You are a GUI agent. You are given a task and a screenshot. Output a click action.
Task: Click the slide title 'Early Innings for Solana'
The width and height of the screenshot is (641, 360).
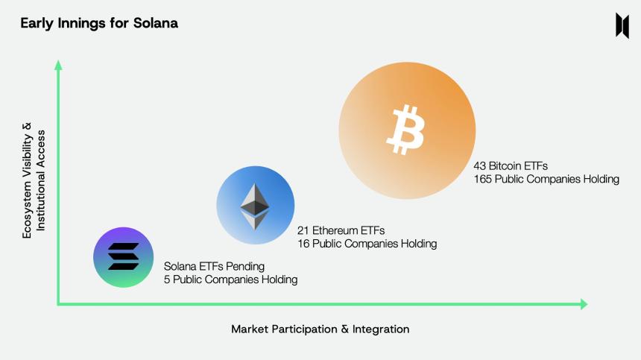(99, 23)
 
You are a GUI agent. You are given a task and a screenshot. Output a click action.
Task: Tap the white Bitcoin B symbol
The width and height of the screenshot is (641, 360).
(405, 130)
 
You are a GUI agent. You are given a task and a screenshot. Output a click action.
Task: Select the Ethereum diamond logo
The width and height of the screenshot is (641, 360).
(255, 206)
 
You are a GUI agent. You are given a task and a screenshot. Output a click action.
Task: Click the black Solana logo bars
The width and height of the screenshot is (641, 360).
(123, 257)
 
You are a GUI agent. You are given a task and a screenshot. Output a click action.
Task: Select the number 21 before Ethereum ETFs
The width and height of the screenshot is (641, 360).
(303, 230)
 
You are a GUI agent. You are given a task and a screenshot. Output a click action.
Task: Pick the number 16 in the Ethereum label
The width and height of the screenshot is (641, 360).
(303, 244)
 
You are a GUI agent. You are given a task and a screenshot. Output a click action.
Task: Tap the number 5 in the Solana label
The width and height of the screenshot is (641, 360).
(167, 280)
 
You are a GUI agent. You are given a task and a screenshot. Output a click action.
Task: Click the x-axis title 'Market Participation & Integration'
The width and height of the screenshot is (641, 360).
(320, 329)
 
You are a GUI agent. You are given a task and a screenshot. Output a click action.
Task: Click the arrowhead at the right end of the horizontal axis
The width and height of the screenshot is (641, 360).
(584, 304)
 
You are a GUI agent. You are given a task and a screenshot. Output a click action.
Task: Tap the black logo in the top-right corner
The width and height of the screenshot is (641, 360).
(622, 25)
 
